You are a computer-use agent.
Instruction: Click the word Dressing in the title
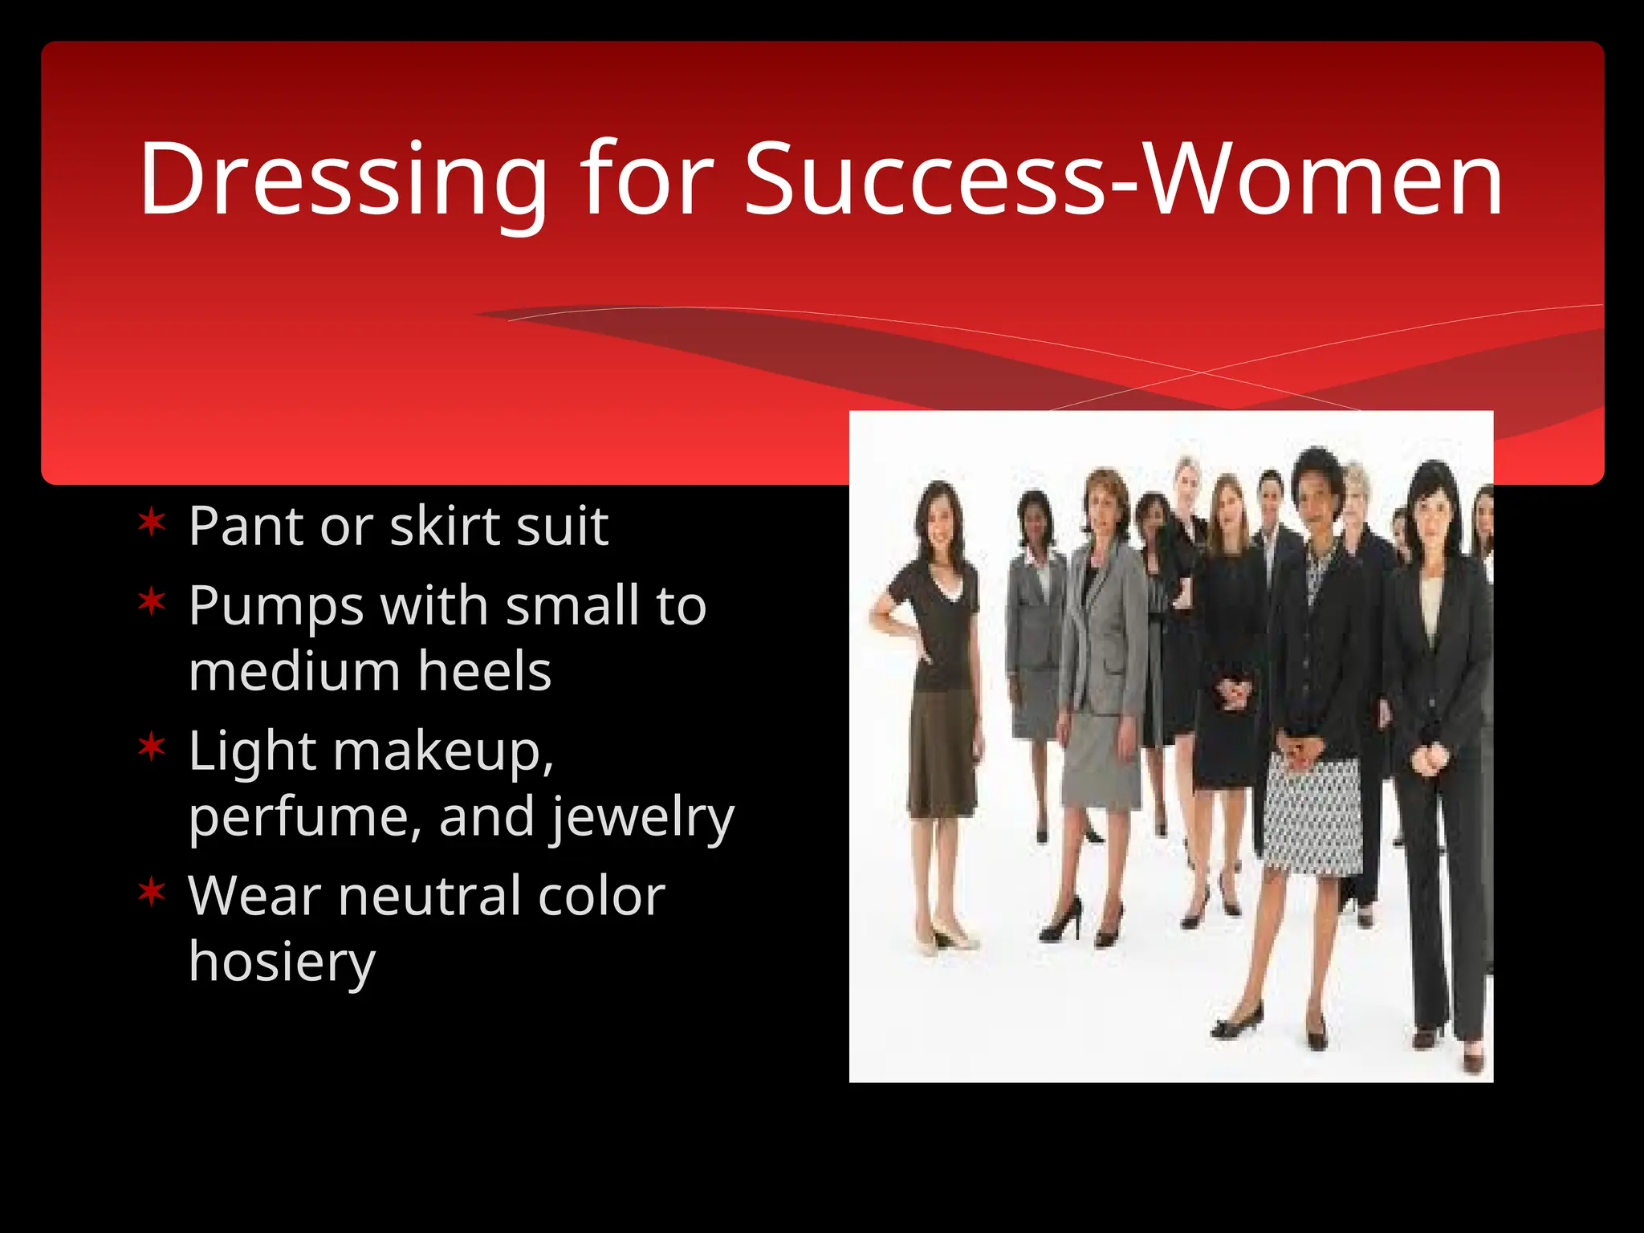click(x=342, y=180)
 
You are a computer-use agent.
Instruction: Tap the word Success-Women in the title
click(x=1123, y=180)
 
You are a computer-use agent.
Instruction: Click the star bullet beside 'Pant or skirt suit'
click(x=151, y=524)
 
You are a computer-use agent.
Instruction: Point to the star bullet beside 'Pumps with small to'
click(x=151, y=602)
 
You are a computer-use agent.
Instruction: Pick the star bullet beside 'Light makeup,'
click(x=151, y=747)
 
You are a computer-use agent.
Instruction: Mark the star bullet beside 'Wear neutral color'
click(x=151, y=892)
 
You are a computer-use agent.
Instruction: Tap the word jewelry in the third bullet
click(x=641, y=818)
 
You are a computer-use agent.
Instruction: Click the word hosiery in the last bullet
click(x=282, y=962)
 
